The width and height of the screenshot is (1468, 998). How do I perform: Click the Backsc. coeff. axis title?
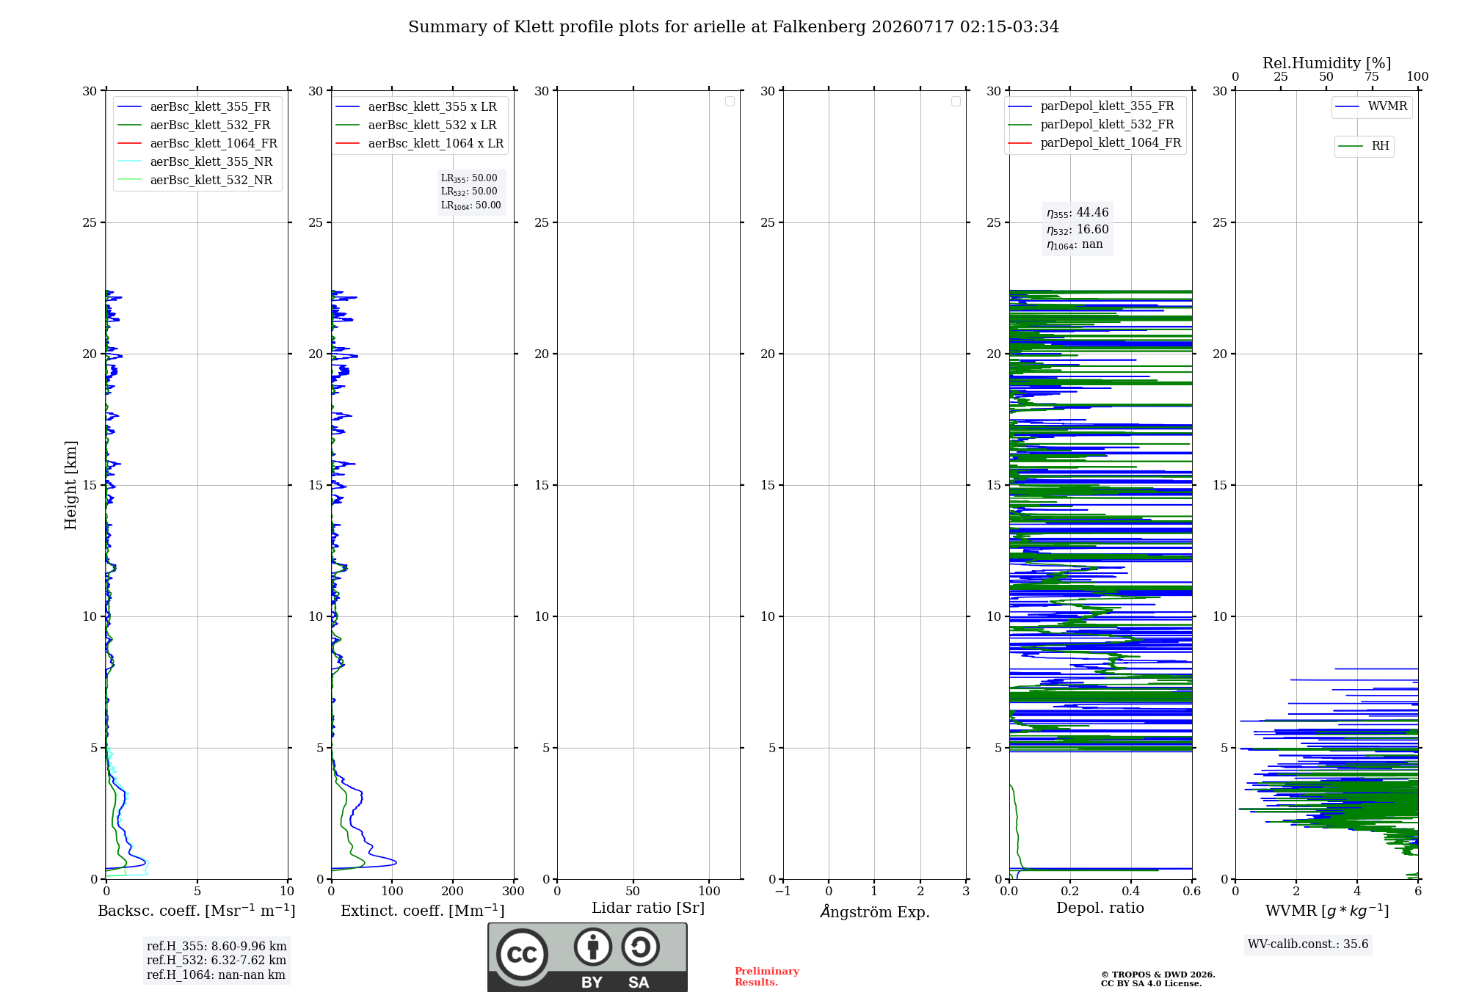(197, 911)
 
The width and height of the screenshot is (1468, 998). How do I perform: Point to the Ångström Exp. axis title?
(875, 911)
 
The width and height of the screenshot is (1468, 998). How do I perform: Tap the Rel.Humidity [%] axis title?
(1327, 63)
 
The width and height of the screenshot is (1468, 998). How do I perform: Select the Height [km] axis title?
(70, 485)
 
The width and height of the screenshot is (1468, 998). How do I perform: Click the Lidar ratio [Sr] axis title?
(648, 908)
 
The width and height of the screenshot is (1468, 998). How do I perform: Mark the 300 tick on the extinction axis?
(514, 891)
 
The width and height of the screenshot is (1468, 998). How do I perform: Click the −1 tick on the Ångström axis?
(783, 891)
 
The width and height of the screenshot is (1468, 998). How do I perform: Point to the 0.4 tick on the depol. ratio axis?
(1131, 891)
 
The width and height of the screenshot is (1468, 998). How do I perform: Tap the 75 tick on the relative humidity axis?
(1372, 76)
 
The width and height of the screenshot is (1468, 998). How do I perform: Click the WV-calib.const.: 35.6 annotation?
(1308, 944)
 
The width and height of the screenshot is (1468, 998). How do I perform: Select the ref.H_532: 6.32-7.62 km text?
(217, 960)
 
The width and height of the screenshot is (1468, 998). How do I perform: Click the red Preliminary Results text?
(767, 977)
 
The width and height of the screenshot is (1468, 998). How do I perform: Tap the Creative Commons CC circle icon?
(522, 955)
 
